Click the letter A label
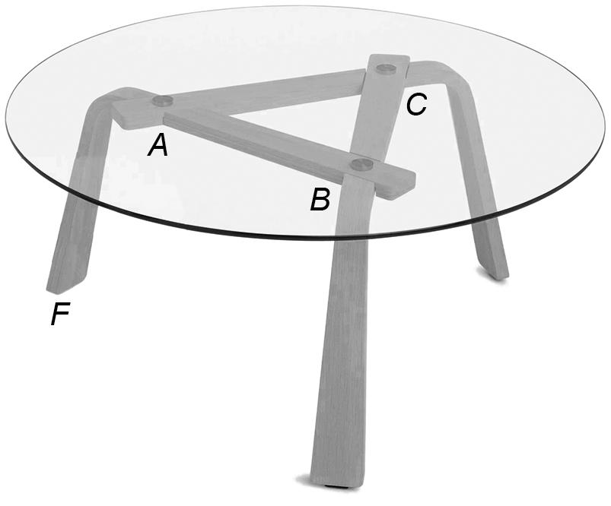pos(158,144)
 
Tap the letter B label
pos(320,201)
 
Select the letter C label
pos(415,105)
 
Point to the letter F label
pos(61,314)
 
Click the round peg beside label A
pos(162,101)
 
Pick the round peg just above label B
pos(361,164)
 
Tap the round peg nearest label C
pos(387,68)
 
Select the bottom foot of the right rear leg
pos(495,270)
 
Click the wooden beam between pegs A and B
pos(259,141)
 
